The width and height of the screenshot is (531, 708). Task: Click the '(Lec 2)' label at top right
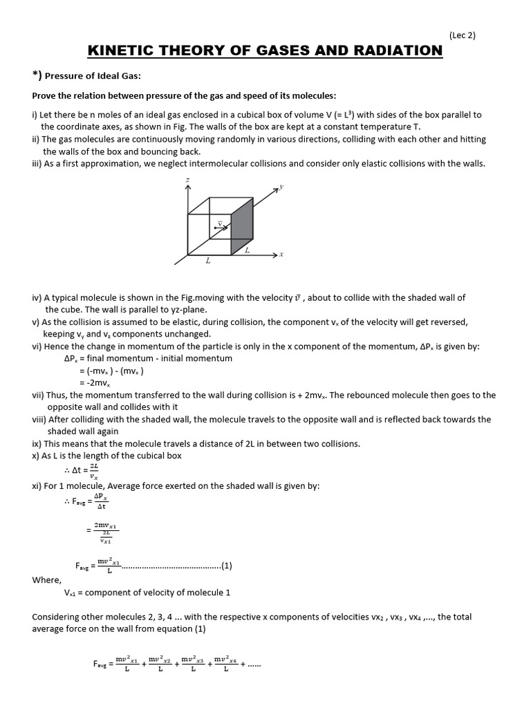[462, 36]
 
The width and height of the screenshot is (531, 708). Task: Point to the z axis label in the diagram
[188, 181]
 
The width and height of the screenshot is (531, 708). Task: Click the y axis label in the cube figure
[281, 187]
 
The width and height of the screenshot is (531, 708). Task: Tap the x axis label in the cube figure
[281, 254]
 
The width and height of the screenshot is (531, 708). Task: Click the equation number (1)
[227, 566]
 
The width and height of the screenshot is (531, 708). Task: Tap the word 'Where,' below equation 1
[47, 579]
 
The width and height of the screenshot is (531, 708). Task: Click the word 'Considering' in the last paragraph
[58, 617]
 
